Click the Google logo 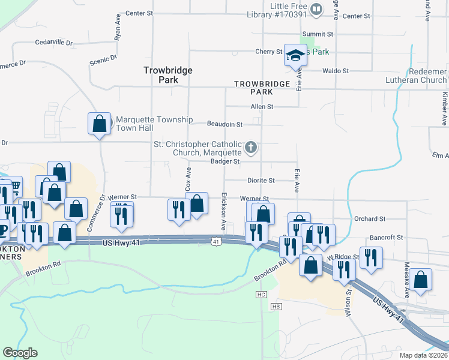tap(20, 353)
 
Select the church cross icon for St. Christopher tap(252, 146)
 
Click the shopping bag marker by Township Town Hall tap(100, 124)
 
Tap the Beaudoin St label tap(224, 125)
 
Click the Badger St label tap(225, 161)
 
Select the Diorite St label tap(261, 181)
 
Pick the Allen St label tap(262, 107)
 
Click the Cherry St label tap(268, 52)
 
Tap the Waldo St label tap(336, 71)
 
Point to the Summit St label tap(318, 34)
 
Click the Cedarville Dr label tap(53, 43)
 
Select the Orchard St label tap(370, 220)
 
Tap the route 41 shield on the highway tap(215, 241)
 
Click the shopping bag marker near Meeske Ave tap(421, 280)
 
